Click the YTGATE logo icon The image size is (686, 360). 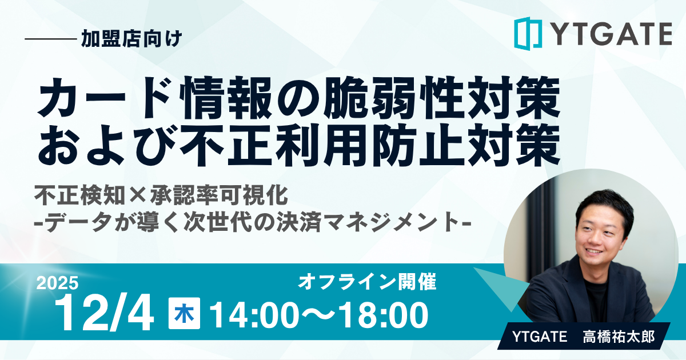(527, 33)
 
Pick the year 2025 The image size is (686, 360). (58, 283)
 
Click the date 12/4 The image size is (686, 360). (105, 314)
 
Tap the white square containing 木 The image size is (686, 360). (184, 314)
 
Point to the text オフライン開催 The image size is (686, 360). (367, 282)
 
